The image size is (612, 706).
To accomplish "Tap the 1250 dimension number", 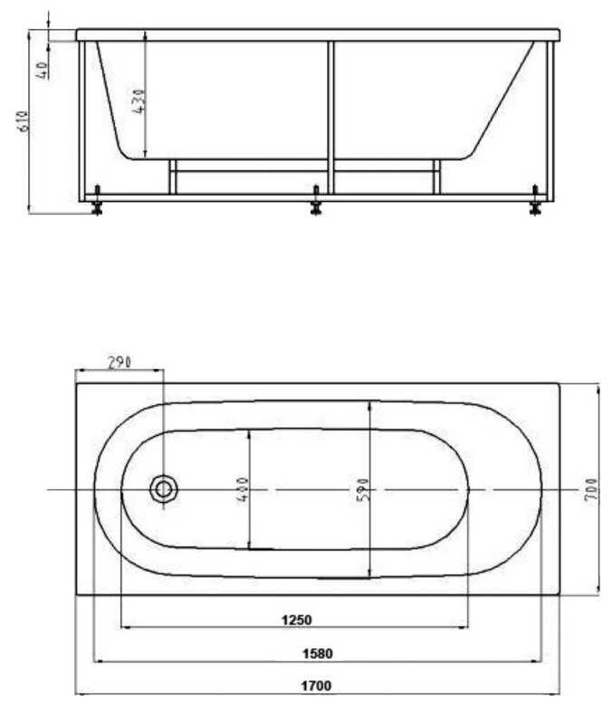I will [x=295, y=620].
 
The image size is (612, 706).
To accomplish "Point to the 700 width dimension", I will [x=589, y=489].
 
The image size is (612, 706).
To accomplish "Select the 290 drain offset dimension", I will [x=120, y=362].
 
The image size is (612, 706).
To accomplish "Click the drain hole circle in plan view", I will [x=164, y=489].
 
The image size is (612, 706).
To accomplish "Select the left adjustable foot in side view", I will [x=95, y=204].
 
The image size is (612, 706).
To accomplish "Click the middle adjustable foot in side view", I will [x=316, y=204].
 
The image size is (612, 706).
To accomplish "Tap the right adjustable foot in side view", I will [x=535, y=204].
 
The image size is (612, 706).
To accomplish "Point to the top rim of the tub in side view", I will [x=317, y=35].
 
